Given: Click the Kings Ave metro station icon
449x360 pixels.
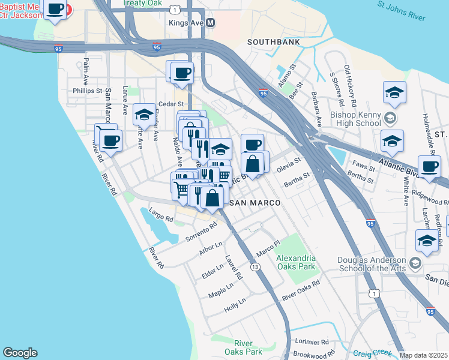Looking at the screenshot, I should pos(211,22).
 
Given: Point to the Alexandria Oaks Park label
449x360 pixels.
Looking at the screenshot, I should pos(295,262).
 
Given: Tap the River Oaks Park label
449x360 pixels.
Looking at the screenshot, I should pos(244,347).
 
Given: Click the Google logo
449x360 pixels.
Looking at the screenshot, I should pos(20,353).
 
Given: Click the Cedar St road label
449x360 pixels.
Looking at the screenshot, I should pos(163,103).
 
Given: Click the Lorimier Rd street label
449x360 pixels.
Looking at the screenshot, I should pos(313,341).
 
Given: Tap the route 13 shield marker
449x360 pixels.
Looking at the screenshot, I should pos(256,267).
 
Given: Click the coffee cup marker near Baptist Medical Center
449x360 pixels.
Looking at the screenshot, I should pos(55,10).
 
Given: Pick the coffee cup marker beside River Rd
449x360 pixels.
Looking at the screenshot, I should pos(110,141).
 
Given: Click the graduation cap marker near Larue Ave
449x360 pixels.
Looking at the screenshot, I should pos(144,114).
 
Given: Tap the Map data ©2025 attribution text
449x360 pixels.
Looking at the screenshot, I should pos(423,355).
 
